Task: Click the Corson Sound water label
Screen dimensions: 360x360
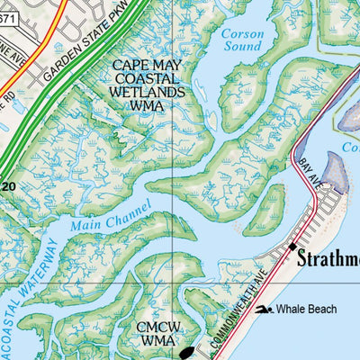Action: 241,41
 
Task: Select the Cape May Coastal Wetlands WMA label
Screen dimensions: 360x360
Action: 148,85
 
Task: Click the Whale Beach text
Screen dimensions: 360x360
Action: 306,310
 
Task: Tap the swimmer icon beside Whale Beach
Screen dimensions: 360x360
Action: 262,310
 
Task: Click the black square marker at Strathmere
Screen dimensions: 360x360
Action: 293,246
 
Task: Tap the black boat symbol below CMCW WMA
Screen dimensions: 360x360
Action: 185,354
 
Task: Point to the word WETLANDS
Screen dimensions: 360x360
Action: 148,92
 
